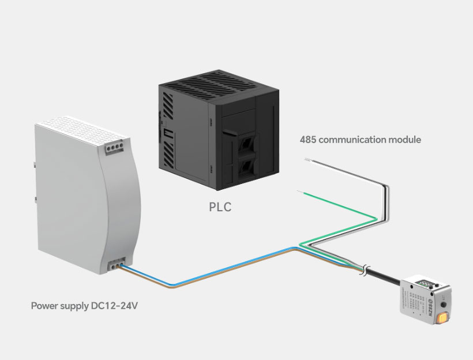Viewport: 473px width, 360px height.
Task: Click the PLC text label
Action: point(220,207)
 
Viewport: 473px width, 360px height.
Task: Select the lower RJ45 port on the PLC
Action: point(247,167)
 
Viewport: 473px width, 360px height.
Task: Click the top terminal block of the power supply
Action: point(113,148)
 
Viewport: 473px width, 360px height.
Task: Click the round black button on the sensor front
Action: point(442,303)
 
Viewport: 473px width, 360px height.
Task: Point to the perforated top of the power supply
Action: point(70,127)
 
